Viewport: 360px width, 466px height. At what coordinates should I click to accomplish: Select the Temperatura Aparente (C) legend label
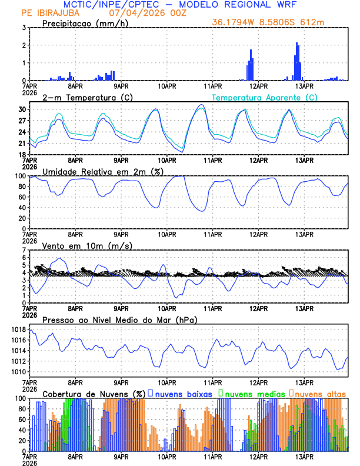[264, 97]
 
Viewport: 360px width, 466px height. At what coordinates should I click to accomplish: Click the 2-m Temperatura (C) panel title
[84, 97]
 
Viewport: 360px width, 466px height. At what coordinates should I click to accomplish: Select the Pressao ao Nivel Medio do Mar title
[119, 319]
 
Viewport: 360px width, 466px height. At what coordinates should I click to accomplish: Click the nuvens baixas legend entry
[182, 394]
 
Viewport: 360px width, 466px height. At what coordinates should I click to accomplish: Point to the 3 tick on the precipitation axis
[24, 28]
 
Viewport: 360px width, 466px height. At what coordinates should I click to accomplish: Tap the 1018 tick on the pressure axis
[18, 330]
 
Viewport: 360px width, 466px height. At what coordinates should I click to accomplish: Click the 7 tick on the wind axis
[24, 250]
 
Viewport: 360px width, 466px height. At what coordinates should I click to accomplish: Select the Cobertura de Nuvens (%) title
[94, 394]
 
